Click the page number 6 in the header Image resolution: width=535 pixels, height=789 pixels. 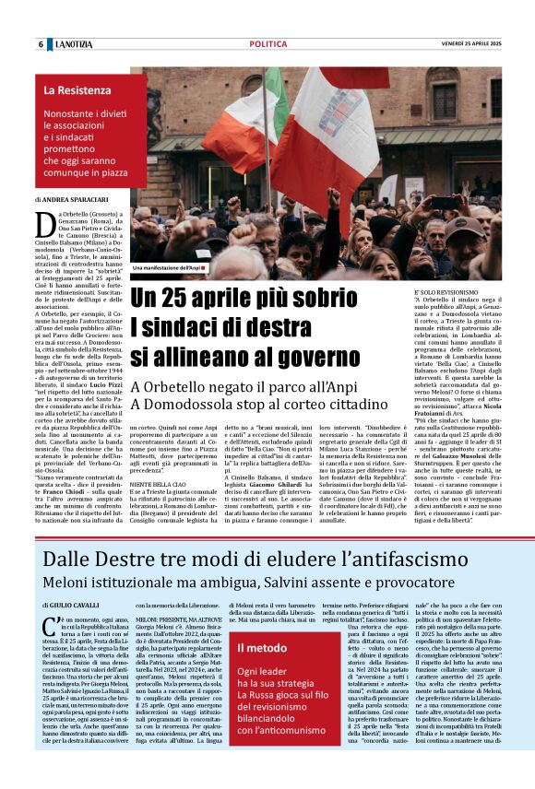[41, 44]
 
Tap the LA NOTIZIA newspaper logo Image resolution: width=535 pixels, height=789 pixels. [72, 44]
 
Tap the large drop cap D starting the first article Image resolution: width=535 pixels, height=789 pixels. [42, 220]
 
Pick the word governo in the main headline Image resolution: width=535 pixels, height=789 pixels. [350, 357]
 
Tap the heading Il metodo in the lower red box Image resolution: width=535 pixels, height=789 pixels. [263, 648]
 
